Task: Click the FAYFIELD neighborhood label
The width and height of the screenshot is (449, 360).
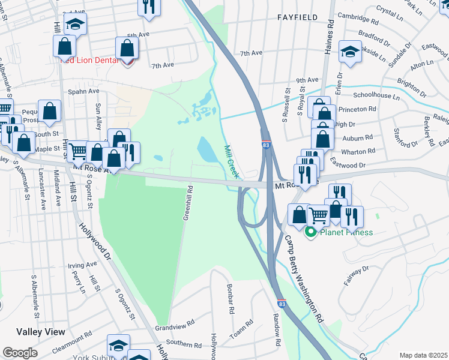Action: pos(297,17)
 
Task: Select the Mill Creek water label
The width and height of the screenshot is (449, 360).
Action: pos(232,161)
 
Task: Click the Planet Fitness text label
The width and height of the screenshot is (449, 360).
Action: pos(347,232)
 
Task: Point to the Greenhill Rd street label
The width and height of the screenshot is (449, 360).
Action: pos(188,203)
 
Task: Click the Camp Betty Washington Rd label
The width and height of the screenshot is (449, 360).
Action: pos(303,277)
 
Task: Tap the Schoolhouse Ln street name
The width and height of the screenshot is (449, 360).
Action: pos(376,95)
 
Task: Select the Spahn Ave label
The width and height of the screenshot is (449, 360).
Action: pos(83,91)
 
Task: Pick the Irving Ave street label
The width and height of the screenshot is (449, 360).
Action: pos(82,265)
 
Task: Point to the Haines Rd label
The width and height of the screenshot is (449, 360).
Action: pos(329,37)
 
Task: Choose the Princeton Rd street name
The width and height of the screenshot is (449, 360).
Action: pos(355,109)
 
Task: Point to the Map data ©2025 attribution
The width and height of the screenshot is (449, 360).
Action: pos(423,355)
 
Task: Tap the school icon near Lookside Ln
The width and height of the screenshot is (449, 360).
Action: pos(350,52)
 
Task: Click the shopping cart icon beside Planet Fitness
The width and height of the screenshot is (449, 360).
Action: pos(318,215)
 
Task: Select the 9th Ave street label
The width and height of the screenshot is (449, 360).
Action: pos(307,79)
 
